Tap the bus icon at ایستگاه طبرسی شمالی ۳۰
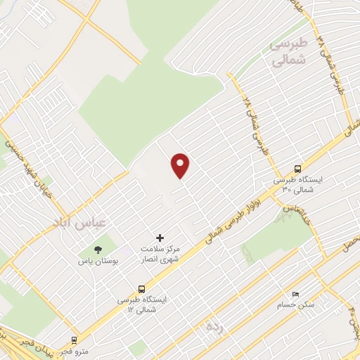tap(297, 169)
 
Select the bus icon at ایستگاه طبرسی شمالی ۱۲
tap(143, 289)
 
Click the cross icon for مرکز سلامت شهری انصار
tap(160, 238)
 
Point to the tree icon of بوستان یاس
tap(96, 250)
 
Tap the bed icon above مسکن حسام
tap(295, 295)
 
